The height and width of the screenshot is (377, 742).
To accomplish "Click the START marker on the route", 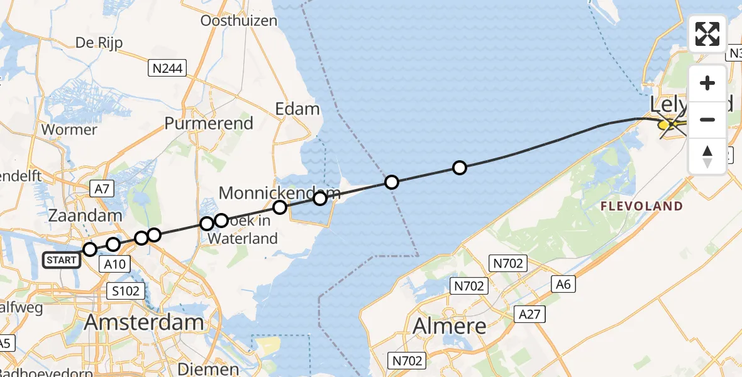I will (x=62, y=260).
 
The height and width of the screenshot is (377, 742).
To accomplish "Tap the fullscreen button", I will (x=707, y=34).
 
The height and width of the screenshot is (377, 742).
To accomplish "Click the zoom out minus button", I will (x=707, y=119).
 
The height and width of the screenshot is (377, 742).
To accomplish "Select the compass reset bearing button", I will (x=707, y=156).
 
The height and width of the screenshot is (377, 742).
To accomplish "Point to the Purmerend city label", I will (x=209, y=123).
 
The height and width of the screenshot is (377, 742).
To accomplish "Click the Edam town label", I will (x=297, y=109).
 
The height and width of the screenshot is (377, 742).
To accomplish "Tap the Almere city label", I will (x=450, y=325).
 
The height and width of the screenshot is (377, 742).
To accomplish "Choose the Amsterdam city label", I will (x=144, y=323).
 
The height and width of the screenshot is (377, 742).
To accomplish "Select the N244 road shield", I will (x=168, y=68).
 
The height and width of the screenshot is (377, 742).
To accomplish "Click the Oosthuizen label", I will (x=238, y=21).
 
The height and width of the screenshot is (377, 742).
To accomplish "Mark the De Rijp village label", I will (x=99, y=43).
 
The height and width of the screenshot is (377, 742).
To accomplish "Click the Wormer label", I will (x=69, y=129).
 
